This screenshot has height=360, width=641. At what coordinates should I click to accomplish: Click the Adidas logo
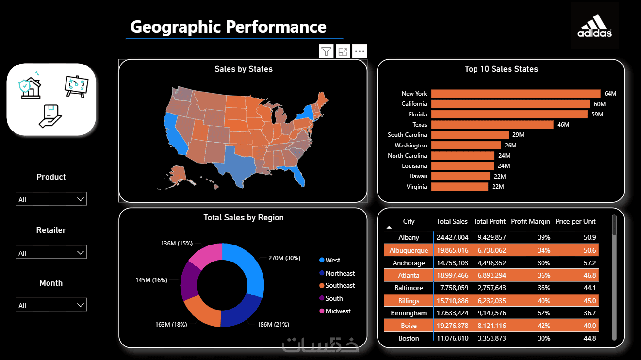(x=594, y=26)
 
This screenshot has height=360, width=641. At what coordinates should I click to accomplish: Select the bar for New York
(x=516, y=94)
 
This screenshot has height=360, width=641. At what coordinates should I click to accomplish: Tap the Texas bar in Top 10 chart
(x=492, y=125)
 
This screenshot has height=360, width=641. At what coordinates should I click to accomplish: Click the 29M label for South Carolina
(x=518, y=135)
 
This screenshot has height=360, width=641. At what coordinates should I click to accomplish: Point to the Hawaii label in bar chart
(x=418, y=176)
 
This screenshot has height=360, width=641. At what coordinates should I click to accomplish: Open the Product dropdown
(x=51, y=198)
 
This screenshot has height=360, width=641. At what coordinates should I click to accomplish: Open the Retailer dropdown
(x=51, y=252)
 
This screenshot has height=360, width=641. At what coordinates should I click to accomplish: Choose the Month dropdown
(x=51, y=305)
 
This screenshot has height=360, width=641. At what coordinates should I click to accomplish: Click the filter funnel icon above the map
(x=326, y=51)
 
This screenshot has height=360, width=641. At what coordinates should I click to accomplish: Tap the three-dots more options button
(x=360, y=51)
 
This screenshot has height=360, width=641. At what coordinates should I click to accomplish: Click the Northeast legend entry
(x=337, y=273)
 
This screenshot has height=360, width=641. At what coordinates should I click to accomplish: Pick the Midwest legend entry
(x=335, y=311)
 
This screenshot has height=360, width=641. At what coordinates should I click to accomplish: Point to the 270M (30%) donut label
(x=284, y=258)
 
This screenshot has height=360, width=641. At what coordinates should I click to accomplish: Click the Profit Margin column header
(x=530, y=222)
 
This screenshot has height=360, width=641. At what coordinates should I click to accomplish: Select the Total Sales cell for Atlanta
(x=452, y=275)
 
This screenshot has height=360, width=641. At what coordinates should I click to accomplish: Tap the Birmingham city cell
(x=409, y=313)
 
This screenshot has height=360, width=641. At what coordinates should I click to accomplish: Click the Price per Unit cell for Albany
(x=590, y=238)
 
